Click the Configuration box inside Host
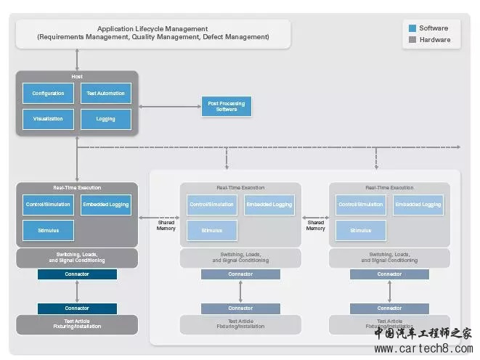click(x=48, y=93)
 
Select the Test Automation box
click(x=106, y=93)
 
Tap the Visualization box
click(x=48, y=119)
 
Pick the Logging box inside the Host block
click(x=106, y=119)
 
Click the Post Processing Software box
click(x=226, y=107)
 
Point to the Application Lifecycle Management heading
click(x=153, y=29)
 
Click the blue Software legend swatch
click(x=412, y=28)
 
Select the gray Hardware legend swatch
click(x=412, y=40)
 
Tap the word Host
click(x=77, y=76)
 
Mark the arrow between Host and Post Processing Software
click(x=169, y=107)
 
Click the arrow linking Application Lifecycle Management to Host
click(x=77, y=60)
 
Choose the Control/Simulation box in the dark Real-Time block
click(x=48, y=205)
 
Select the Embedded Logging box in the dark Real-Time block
click(x=106, y=205)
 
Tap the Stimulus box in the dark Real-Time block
click(x=48, y=231)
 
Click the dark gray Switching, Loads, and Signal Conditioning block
click(x=77, y=258)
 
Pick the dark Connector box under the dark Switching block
click(x=77, y=274)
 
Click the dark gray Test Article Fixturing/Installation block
click(x=77, y=324)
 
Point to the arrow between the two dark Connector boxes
click(x=77, y=291)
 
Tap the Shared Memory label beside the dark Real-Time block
click(x=166, y=226)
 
